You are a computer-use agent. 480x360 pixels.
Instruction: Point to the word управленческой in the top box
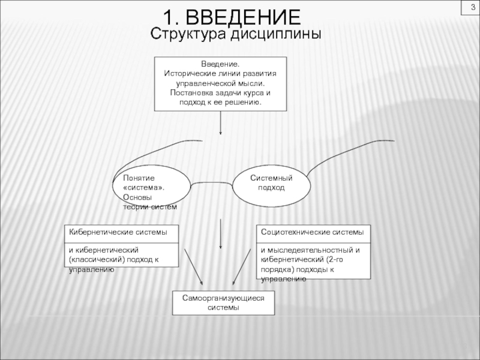tap(204, 83)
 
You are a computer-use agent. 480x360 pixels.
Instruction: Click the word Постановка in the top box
tap(191, 94)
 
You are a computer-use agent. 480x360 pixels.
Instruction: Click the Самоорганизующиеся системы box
tap(223, 303)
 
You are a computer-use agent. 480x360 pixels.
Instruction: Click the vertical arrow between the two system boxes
tap(221, 234)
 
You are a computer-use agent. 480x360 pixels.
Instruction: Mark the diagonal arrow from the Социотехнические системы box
tap(242, 266)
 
